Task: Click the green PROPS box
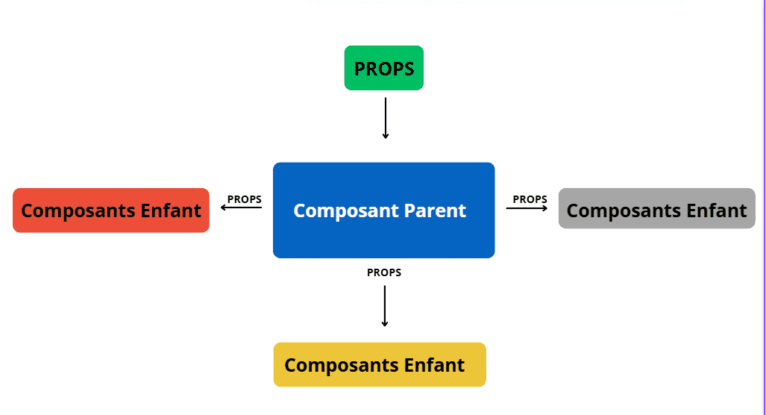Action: pyautogui.click(x=384, y=68)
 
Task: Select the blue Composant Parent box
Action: pyautogui.click(x=384, y=210)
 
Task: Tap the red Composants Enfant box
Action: pyautogui.click(x=111, y=210)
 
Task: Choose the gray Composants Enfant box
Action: pyautogui.click(x=656, y=208)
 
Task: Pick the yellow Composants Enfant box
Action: pyautogui.click(x=380, y=365)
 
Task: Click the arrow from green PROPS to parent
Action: pyautogui.click(x=386, y=118)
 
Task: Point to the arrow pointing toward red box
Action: pyautogui.click(x=242, y=207)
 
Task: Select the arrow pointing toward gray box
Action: pyautogui.click(x=527, y=208)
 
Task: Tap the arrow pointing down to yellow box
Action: pyautogui.click(x=384, y=306)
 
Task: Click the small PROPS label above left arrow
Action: pyautogui.click(x=244, y=199)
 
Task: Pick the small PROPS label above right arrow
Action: pyautogui.click(x=530, y=199)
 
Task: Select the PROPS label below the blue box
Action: pyautogui.click(x=384, y=272)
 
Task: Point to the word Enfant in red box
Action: pyautogui.click(x=171, y=210)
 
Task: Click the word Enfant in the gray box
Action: pyautogui.click(x=716, y=210)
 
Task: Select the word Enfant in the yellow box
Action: pyautogui.click(x=434, y=365)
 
